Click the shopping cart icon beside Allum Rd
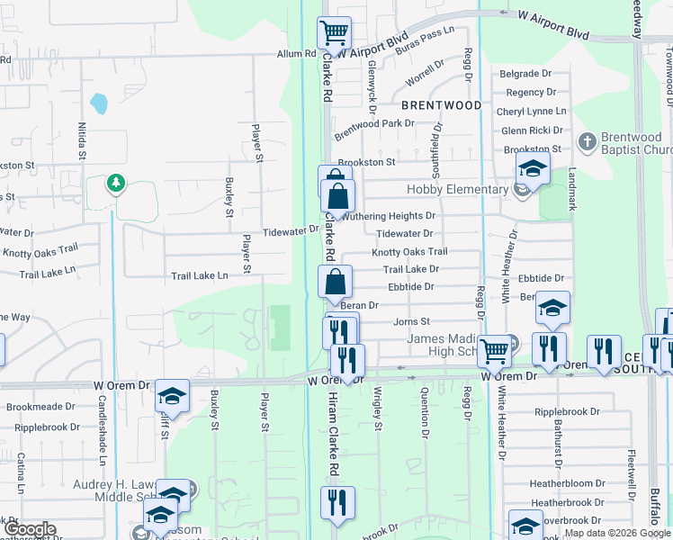pyautogui.click(x=334, y=33)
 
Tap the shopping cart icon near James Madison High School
pyautogui.click(x=494, y=350)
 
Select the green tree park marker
pyautogui.click(x=115, y=185)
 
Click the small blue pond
pyautogui.click(x=99, y=103)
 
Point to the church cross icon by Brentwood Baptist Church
pyautogui.click(x=587, y=141)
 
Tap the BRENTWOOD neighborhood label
pyautogui.click(x=442, y=105)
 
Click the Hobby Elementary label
pyautogui.click(x=457, y=189)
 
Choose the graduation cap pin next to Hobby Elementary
pyautogui.click(x=533, y=168)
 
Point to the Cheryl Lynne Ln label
pyautogui.click(x=536, y=111)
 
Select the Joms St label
pyautogui.click(x=412, y=321)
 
